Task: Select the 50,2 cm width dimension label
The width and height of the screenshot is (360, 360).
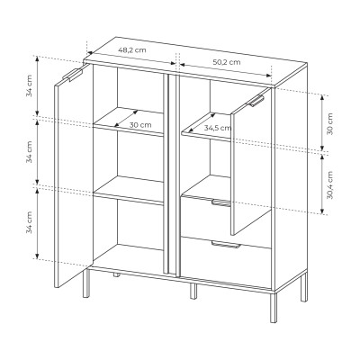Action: point(226,62)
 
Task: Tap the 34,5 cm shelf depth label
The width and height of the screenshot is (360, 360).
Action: point(218,128)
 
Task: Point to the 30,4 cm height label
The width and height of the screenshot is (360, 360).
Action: point(329,185)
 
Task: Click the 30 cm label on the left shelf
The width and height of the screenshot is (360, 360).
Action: point(139,125)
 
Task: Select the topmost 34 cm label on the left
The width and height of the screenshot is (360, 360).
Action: point(30,87)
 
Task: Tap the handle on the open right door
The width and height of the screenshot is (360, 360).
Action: point(257,102)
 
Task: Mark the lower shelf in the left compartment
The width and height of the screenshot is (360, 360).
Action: point(130,190)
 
